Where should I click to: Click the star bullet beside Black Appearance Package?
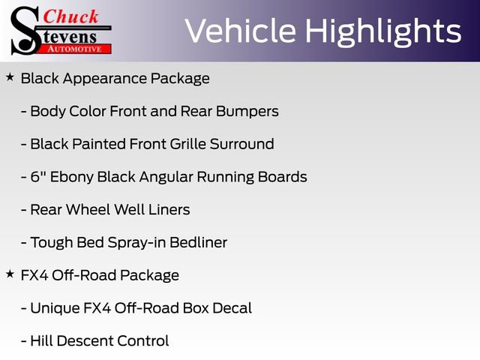point(10,77)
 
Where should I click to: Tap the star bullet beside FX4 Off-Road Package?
point(10,274)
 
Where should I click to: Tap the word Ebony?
point(75,177)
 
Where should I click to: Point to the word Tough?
point(51,243)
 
